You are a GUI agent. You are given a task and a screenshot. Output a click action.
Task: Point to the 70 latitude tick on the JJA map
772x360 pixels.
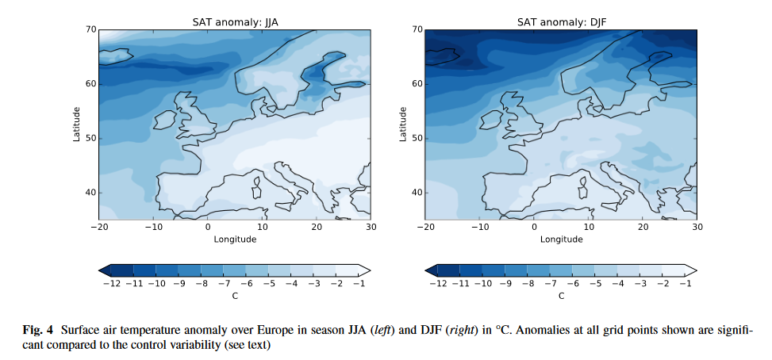tap(90, 30)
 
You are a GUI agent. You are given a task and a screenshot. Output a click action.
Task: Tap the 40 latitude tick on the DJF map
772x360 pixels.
tap(417, 193)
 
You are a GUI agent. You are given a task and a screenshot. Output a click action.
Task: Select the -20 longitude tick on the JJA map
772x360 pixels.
tap(98, 228)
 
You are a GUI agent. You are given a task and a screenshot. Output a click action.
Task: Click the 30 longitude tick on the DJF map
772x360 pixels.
tap(697, 228)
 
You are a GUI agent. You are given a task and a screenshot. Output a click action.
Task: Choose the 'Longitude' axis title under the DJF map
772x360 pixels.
tap(560, 239)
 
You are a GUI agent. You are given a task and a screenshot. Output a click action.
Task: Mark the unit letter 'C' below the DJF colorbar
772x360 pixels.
tap(561, 296)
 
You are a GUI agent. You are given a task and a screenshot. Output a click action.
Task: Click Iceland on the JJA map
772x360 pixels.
tap(113, 57)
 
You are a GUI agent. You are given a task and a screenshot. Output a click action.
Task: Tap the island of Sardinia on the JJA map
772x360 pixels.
tap(257, 187)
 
